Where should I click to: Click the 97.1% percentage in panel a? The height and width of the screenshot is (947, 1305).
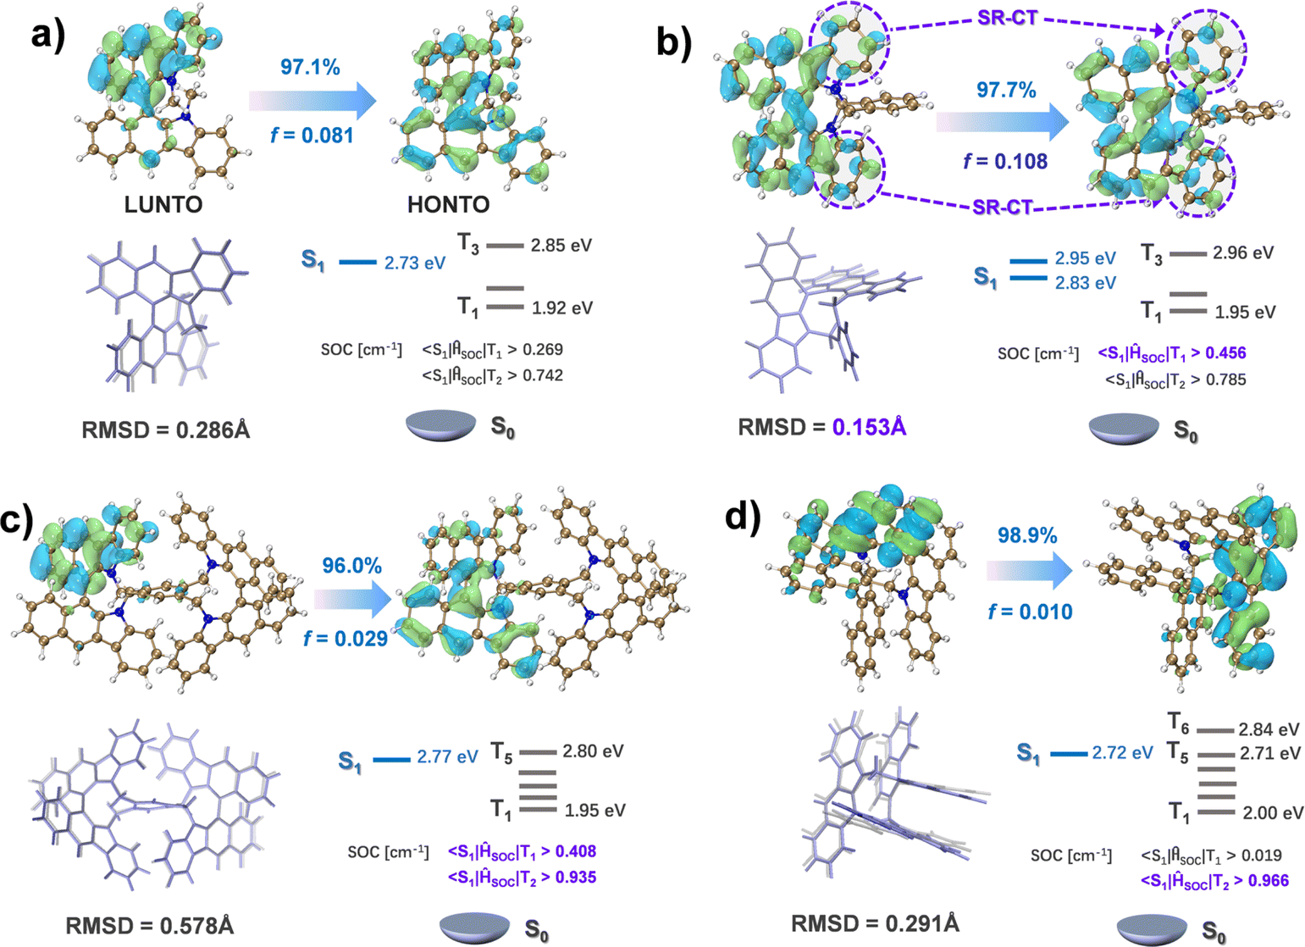point(311,67)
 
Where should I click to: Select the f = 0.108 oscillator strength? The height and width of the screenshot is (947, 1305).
point(1005,161)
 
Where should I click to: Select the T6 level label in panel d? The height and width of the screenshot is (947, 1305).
point(1179,722)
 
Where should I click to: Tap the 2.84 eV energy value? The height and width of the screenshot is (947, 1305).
point(1269,729)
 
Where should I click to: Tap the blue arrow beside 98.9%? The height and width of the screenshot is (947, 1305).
point(1030,572)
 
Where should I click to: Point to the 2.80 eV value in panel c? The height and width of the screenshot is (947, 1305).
point(594,751)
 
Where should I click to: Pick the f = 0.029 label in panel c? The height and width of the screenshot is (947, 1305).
point(346,638)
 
